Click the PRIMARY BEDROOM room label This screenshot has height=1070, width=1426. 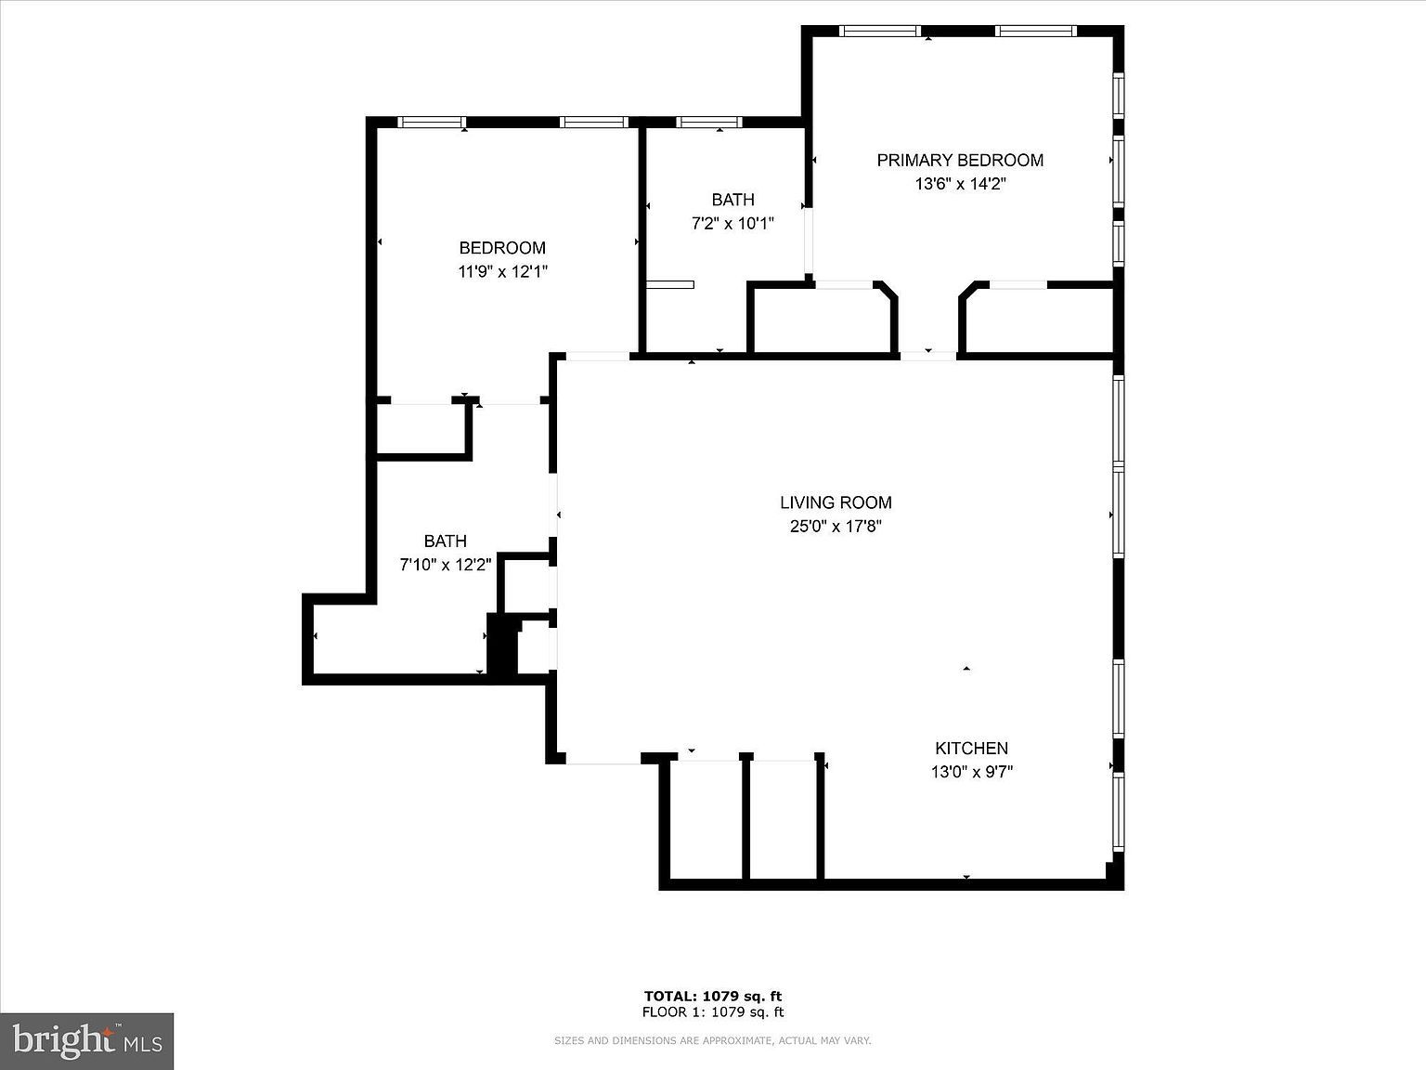[960, 161]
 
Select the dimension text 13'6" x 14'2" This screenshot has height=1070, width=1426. [960, 184]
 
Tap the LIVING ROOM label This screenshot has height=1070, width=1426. [836, 502]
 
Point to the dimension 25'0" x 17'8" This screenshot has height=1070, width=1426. [836, 527]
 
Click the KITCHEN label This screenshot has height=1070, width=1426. [971, 748]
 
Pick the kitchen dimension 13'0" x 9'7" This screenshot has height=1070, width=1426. [971, 772]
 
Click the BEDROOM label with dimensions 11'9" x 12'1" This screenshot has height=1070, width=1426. [502, 248]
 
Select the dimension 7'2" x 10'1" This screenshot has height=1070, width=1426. [732, 224]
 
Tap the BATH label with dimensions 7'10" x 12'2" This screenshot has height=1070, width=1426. [446, 541]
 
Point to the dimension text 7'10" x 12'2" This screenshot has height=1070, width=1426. [446, 564]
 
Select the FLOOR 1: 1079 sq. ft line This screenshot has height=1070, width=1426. [713, 1012]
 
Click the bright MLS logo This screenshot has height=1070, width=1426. [87, 1040]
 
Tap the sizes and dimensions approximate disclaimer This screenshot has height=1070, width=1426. [713, 1041]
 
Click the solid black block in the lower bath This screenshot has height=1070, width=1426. [502, 645]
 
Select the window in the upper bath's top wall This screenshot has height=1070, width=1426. [708, 122]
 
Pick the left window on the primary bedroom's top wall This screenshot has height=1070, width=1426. [879, 31]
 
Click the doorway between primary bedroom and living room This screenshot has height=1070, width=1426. [928, 354]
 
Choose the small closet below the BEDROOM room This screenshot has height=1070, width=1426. [420, 429]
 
